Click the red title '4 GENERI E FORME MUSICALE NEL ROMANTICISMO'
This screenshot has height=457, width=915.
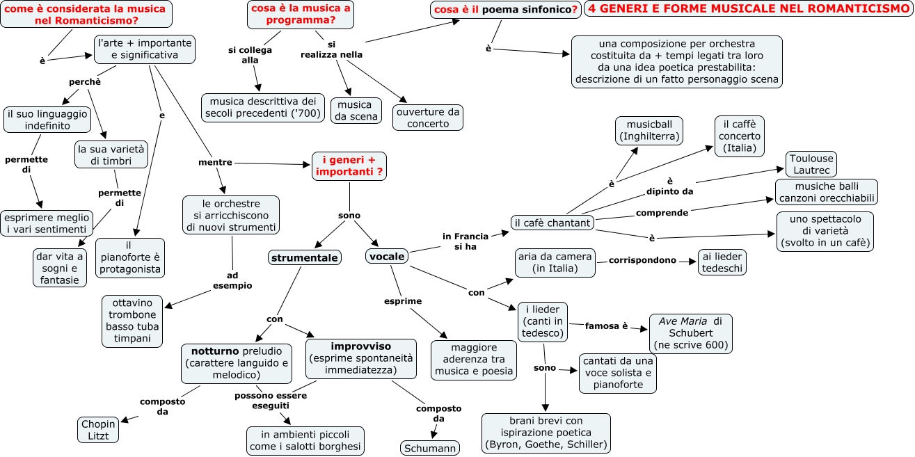point(748,9)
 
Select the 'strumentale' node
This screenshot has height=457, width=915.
point(305,258)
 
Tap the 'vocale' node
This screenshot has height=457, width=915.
point(387,257)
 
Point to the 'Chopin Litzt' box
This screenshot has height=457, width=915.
point(99,429)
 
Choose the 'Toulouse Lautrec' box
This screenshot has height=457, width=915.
point(811,164)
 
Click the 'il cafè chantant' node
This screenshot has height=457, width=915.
point(552,223)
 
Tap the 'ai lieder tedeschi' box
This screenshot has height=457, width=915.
point(722,262)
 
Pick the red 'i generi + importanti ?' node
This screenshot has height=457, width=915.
point(348,166)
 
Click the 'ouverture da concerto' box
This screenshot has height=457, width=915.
point(428,117)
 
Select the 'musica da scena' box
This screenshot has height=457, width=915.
point(356,111)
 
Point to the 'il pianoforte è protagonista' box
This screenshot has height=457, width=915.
point(129,257)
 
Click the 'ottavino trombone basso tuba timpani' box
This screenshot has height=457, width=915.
point(132,321)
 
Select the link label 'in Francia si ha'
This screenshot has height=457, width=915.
point(466,241)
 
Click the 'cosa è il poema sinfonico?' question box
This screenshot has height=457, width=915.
point(505,10)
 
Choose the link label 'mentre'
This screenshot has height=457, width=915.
point(215,162)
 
